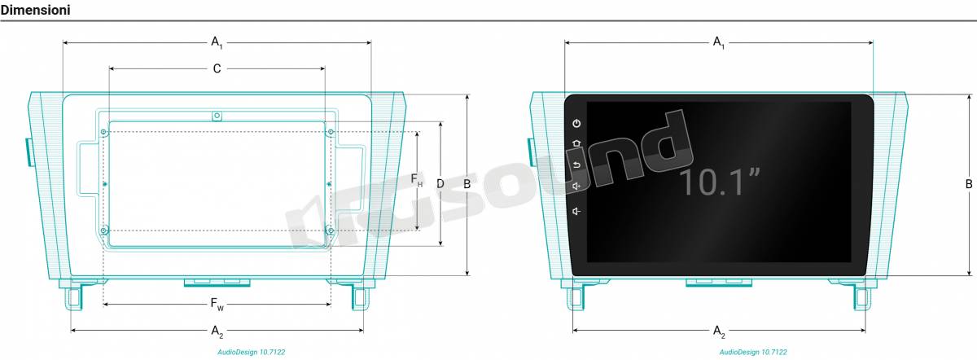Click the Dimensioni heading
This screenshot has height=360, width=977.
[35, 10]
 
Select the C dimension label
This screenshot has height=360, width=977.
[217, 68]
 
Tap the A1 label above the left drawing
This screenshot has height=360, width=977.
[217, 42]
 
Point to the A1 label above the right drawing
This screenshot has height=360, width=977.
[718, 42]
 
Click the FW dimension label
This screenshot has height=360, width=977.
[217, 304]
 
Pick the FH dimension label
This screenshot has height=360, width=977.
[417, 179]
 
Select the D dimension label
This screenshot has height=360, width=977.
[440, 184]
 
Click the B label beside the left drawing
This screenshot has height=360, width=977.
[467, 184]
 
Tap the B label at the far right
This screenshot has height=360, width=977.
[969, 184]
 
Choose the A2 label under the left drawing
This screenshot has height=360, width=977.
[217, 331]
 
